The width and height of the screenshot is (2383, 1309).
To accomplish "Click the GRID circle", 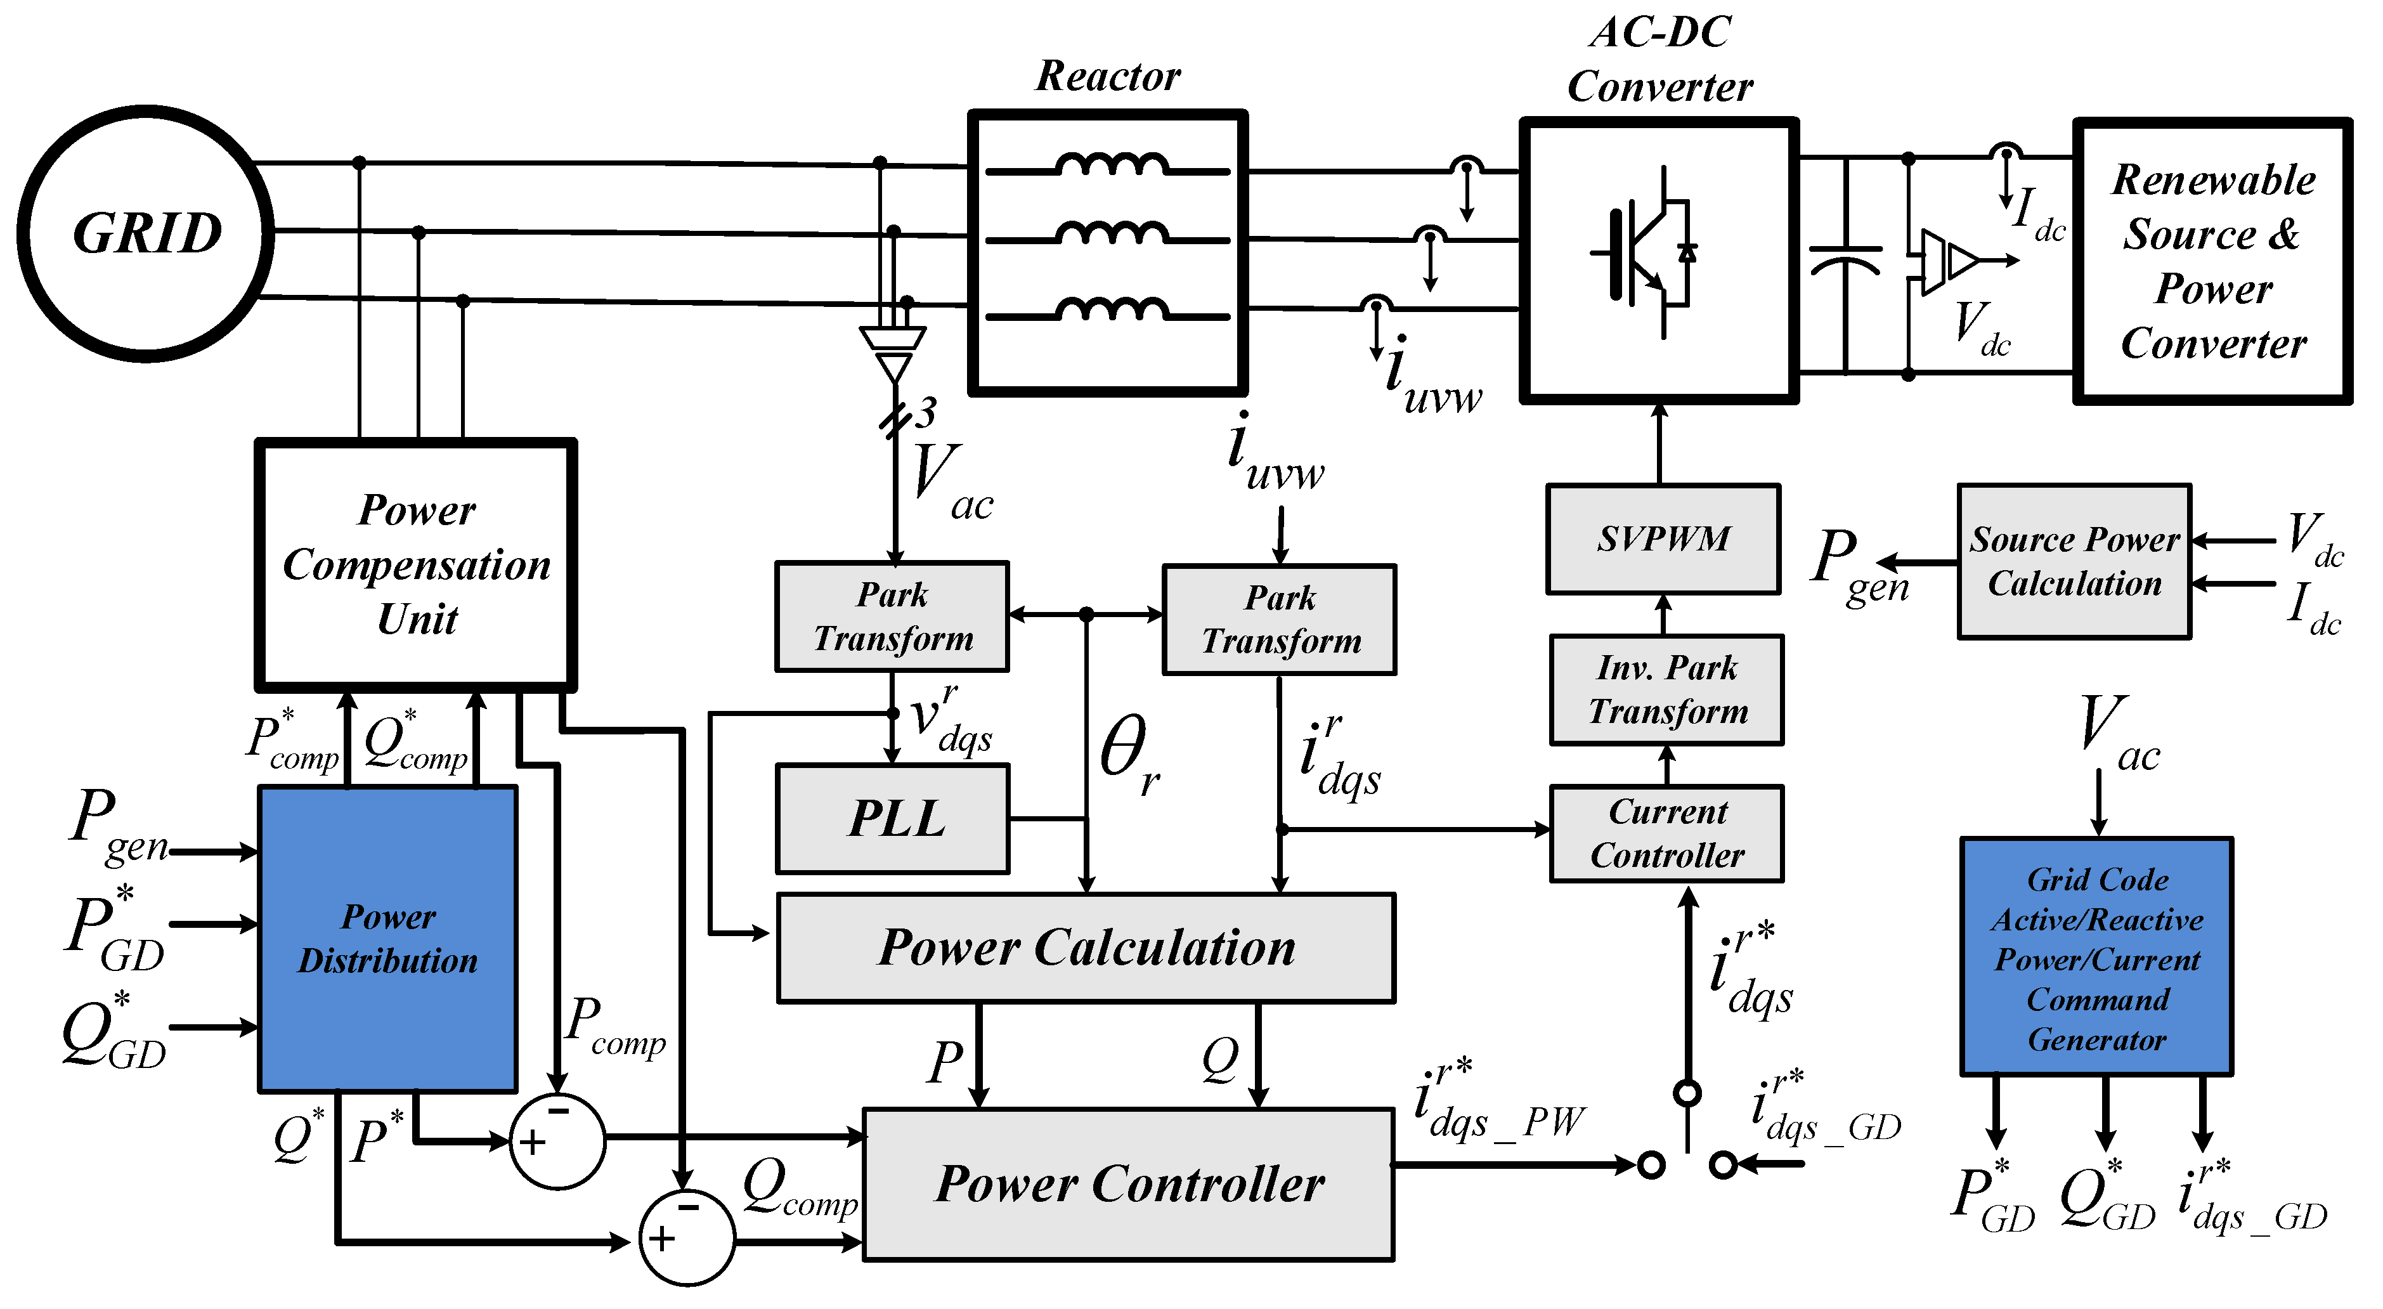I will [x=146, y=233].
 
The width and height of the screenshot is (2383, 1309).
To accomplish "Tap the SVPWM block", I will [x=1663, y=538].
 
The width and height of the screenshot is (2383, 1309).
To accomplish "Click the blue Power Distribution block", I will [x=387, y=939].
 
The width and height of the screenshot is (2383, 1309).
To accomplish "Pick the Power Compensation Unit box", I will [x=416, y=564].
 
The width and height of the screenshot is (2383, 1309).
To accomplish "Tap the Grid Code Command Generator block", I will [x=2096, y=958].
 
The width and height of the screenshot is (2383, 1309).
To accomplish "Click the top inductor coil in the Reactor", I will [x=1110, y=165].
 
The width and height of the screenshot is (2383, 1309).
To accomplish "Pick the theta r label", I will [x=1129, y=754].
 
